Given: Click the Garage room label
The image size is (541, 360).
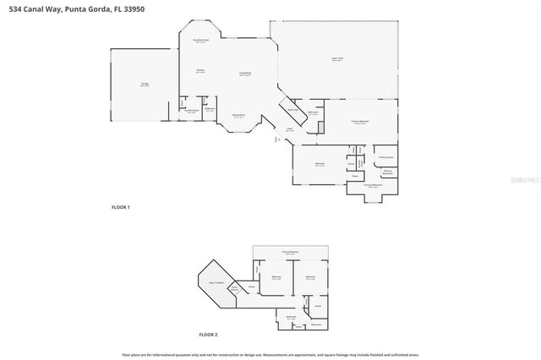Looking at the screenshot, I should click(134, 84).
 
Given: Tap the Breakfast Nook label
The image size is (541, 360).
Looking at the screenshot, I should click(201, 41).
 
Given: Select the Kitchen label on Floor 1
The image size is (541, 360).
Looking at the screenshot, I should click(200, 70).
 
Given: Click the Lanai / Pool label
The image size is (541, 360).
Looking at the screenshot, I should click(336, 59).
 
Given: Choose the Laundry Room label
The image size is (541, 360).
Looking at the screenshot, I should click(192, 111).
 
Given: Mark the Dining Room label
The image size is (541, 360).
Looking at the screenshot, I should click(238, 116).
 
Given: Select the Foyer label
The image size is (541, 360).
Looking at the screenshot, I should click(288, 129).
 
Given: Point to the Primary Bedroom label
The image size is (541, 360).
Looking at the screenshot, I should click(360, 123).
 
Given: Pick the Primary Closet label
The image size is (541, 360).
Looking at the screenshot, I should click(386, 157).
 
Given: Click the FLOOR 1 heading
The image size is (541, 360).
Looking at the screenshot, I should click(121, 206).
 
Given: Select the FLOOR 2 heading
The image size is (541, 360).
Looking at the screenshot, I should click(208, 335).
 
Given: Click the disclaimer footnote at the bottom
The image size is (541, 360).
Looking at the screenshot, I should click(270, 355).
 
